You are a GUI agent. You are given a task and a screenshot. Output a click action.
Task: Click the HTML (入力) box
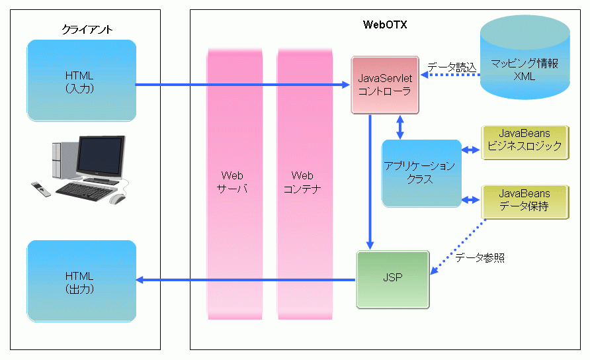click(x=81, y=81)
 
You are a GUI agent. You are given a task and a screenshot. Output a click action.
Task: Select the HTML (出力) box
click(x=81, y=281)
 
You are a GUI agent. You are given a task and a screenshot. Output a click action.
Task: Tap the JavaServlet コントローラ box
click(x=384, y=85)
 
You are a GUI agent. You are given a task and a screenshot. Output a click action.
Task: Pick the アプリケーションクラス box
click(x=421, y=172)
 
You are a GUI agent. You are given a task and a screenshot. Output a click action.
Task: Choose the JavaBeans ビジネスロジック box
click(x=524, y=142)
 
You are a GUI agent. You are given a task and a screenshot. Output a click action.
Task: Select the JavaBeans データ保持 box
click(x=524, y=201)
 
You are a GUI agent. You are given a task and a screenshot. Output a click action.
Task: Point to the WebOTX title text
click(x=385, y=25)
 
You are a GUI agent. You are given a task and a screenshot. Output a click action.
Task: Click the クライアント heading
click(x=87, y=29)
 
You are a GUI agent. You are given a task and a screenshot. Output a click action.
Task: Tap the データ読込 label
click(x=452, y=67)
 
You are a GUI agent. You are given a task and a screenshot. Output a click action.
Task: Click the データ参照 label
click(x=480, y=258)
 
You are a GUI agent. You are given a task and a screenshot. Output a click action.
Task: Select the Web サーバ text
click(x=232, y=182)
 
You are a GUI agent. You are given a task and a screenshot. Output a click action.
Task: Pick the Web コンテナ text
click(x=302, y=182)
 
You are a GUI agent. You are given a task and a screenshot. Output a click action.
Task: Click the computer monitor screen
click(x=101, y=156)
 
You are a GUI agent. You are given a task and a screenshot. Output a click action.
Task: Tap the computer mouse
click(x=118, y=199)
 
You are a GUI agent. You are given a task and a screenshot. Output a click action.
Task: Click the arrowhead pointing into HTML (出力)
click(x=140, y=280)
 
